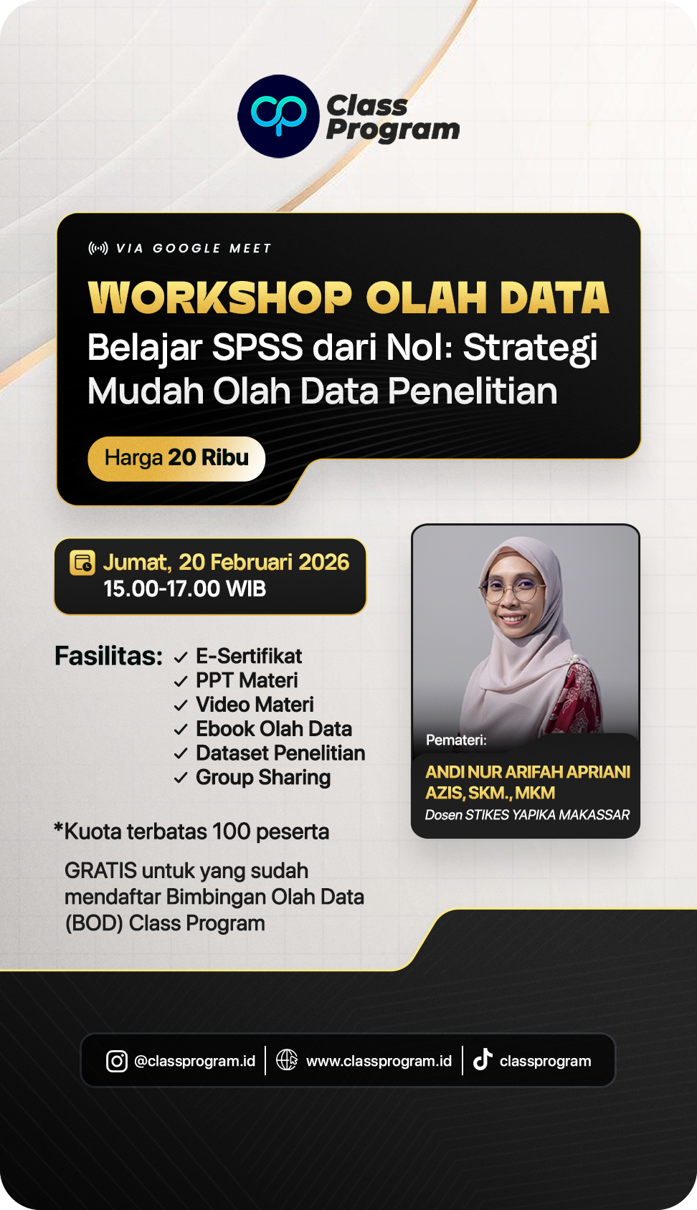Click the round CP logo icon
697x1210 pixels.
(278, 116)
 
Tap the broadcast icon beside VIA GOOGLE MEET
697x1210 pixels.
(98, 248)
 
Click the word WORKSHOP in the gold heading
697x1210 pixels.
(220, 298)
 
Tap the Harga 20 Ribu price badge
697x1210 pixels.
(176, 458)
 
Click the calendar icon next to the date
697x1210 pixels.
(82, 563)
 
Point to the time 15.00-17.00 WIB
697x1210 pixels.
(184, 589)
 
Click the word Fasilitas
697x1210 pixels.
(108, 656)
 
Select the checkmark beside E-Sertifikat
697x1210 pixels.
(181, 657)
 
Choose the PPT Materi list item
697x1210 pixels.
(247, 680)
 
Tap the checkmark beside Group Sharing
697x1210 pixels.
(181, 778)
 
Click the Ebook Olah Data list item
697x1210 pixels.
(274, 729)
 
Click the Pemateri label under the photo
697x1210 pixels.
(456, 740)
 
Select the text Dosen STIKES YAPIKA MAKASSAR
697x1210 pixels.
(527, 815)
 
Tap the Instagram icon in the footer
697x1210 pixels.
(117, 1061)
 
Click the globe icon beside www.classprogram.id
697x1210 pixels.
(287, 1059)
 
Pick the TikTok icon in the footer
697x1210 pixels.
(483, 1059)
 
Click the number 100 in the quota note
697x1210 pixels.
(231, 832)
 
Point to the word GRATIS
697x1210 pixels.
(100, 871)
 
